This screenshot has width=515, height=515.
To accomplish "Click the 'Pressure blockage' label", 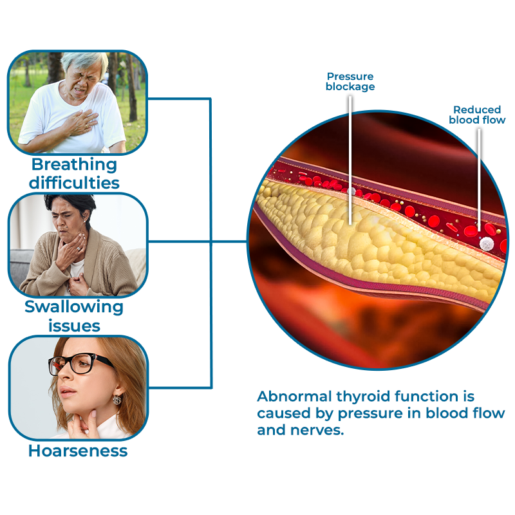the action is [350, 82].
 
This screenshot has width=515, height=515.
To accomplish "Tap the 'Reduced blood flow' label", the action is [477, 115].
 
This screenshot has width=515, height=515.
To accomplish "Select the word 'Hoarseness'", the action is [78, 451].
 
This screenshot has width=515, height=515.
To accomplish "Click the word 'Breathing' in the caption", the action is [74, 165].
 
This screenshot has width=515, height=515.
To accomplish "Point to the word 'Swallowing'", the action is [74, 308].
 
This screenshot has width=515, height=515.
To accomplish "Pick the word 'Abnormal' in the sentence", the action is [295, 396].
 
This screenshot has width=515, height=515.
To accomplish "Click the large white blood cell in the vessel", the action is [487, 244].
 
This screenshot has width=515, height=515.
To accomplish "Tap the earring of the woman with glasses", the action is [117, 399].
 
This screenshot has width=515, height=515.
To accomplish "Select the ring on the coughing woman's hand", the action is [79, 248].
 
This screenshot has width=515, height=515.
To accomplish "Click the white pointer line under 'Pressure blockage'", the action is [350, 160].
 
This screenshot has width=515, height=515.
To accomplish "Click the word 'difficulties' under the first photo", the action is [74, 183].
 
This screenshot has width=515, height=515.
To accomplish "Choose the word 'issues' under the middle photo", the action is [74, 326].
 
